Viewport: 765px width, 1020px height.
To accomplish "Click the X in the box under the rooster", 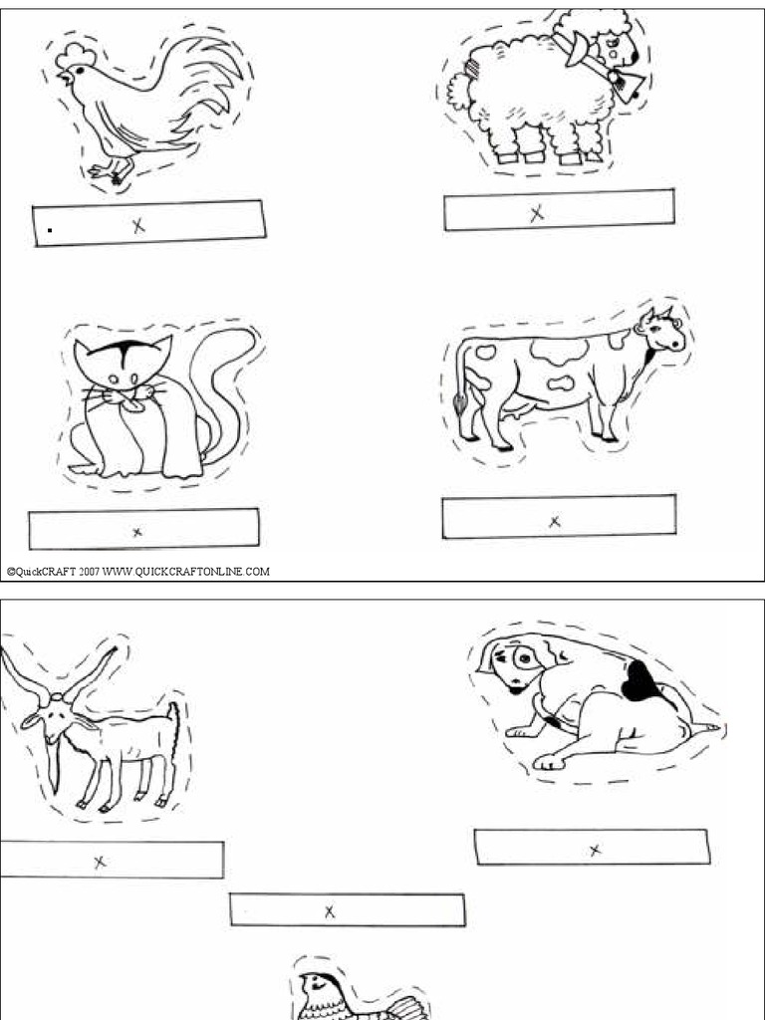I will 138,226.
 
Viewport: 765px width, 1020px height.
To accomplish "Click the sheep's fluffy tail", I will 459,91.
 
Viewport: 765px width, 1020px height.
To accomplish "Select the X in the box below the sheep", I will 537,212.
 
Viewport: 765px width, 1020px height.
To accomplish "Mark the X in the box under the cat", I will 137,532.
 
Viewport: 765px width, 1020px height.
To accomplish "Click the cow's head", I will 661,334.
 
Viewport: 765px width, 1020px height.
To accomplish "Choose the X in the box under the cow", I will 556,520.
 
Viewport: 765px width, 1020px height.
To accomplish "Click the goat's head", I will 55,718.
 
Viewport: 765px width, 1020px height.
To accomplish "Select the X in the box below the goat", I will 100,862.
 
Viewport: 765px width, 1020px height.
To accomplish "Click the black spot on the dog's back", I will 637,682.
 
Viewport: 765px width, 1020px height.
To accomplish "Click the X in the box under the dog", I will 595,850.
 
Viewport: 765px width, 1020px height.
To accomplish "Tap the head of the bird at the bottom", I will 318,985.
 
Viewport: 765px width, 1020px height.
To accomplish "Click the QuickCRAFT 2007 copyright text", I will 138,572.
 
